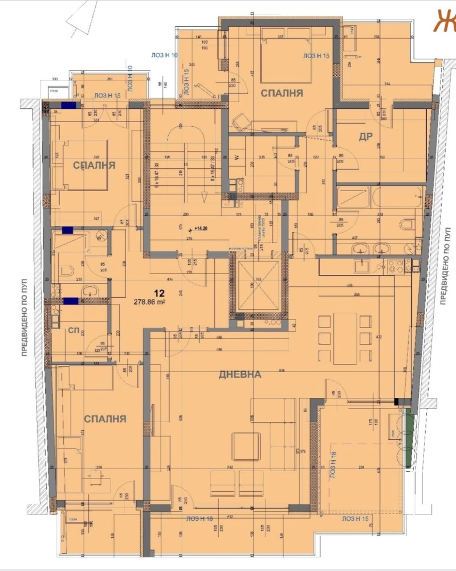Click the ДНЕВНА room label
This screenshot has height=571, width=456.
[239, 375]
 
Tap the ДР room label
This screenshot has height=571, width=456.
[365, 136]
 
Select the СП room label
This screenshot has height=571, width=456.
[74, 330]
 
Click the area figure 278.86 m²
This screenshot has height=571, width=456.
[149, 303]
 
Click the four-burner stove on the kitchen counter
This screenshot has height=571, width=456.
[396, 265]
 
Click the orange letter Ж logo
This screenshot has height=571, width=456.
[443, 21]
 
